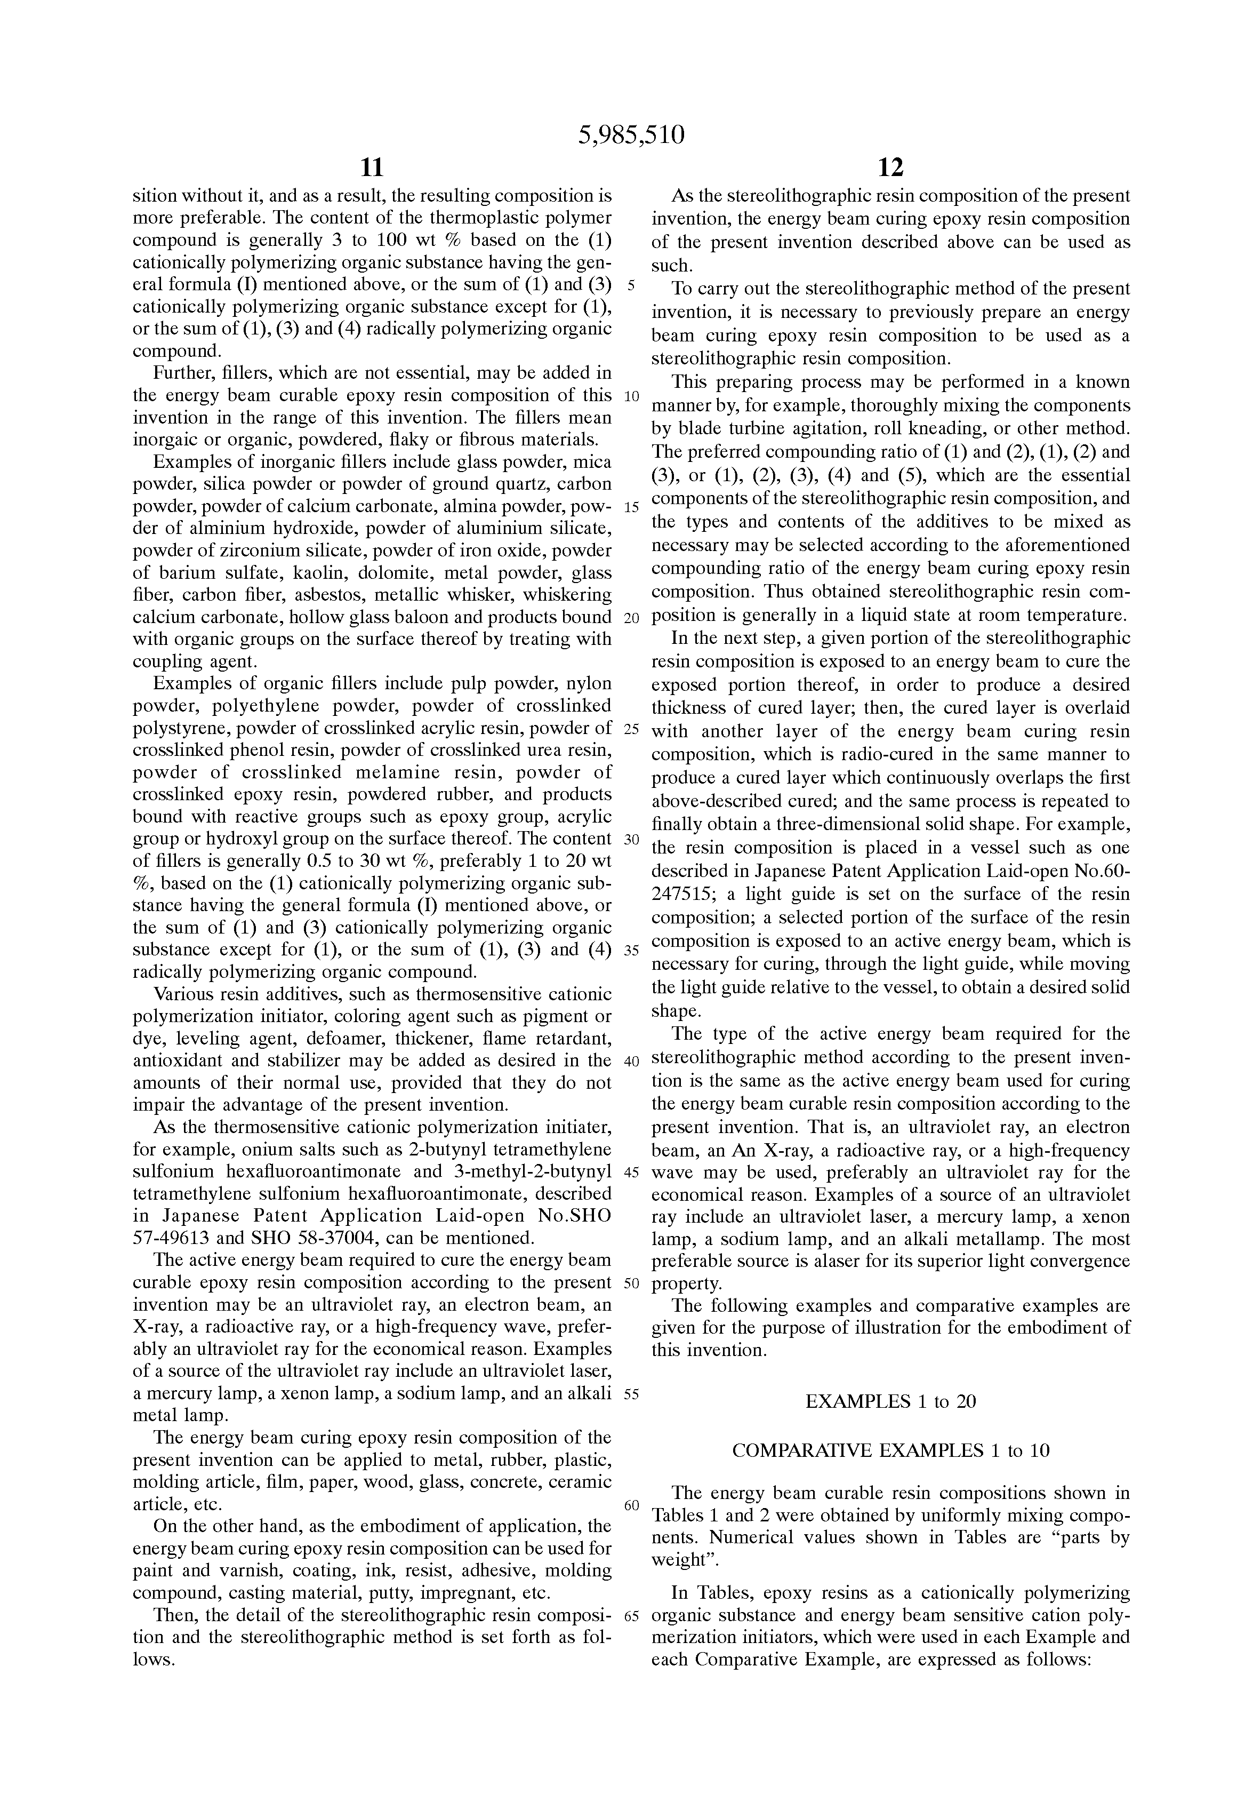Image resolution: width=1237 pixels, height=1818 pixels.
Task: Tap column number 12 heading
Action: click(890, 168)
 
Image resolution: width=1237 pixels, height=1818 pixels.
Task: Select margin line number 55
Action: click(632, 1394)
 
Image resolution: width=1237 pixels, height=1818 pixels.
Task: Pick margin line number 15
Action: click(632, 507)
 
